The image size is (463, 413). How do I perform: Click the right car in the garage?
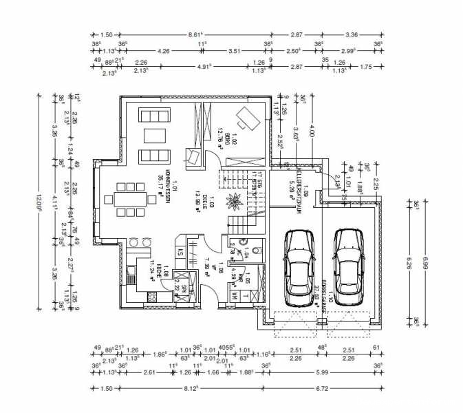pos(348,263)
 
